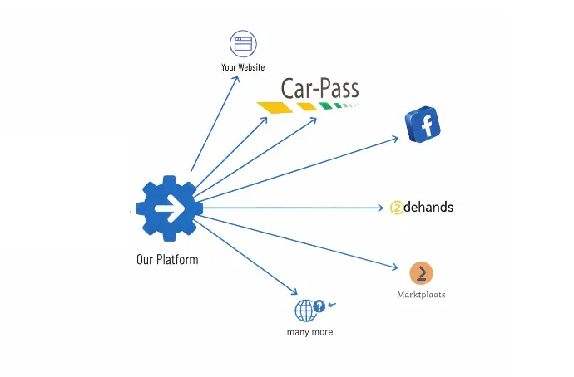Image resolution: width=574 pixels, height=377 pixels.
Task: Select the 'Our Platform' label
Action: point(167,259)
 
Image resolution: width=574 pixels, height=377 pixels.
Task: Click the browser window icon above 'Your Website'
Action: point(243,43)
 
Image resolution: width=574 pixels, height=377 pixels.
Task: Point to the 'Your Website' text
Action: point(243,67)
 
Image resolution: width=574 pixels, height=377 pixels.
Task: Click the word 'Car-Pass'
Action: point(319,90)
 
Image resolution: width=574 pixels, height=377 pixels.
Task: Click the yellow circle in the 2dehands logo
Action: point(396,208)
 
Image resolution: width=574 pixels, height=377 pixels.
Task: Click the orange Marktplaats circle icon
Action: point(422,272)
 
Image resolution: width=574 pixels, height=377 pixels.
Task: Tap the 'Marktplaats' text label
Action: point(421,294)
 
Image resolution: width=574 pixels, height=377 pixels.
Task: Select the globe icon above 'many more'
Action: point(305,311)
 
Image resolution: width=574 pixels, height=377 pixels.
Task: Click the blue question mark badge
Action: point(319,306)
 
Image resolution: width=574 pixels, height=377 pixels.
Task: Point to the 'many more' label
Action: point(308,332)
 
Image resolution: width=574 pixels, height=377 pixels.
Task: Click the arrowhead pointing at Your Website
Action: point(238,77)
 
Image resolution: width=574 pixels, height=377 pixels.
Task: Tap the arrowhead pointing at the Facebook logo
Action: point(395,139)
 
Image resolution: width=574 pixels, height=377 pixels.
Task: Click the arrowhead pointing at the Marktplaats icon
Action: point(395,267)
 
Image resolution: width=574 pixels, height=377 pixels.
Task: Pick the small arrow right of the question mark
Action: point(334,305)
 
